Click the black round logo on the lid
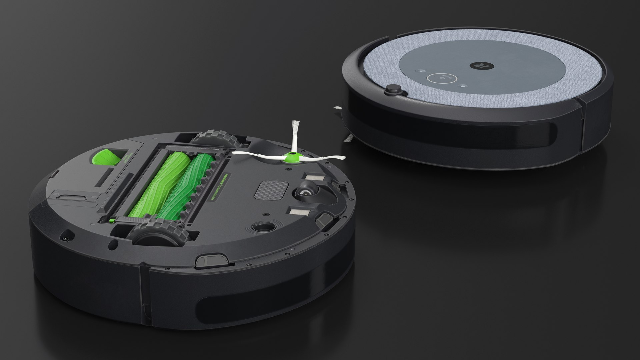pyautogui.click(x=479, y=65)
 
